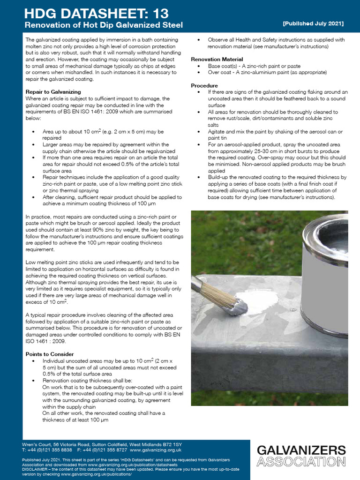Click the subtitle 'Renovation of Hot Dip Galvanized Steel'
click(104, 24)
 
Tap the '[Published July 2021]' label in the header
click(313, 23)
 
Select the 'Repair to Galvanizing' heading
click(53, 92)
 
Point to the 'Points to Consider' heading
click(50, 354)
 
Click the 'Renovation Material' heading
click(217, 60)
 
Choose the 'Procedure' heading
click(204, 86)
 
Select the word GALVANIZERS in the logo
click(301, 451)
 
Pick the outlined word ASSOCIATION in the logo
click(301, 462)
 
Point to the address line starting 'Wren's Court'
click(102, 444)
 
